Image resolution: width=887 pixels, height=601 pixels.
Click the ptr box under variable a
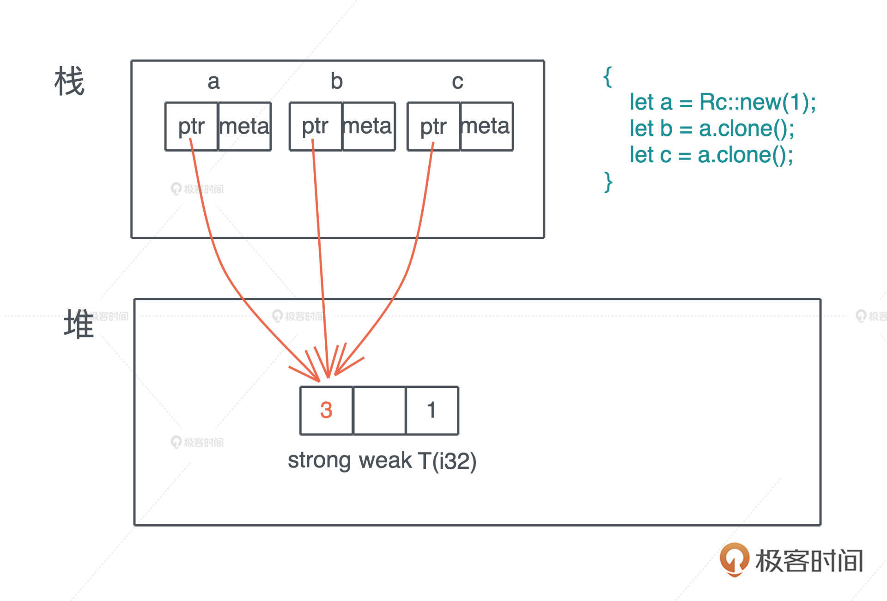[191, 126]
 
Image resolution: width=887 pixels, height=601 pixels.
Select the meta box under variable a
[244, 126]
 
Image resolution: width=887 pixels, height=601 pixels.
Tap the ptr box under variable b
[316, 126]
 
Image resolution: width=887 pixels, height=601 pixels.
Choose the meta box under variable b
[368, 126]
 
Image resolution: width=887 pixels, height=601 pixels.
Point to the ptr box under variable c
[433, 126]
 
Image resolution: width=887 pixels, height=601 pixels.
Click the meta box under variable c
[486, 126]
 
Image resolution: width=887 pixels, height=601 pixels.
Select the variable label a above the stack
[213, 82]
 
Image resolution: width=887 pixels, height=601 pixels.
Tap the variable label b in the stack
[337, 82]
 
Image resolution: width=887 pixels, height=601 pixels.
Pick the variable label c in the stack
[457, 82]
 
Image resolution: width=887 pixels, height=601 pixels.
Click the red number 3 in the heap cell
[326, 410]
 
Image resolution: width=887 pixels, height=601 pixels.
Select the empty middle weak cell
[379, 410]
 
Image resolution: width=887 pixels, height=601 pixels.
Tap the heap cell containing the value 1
[432, 410]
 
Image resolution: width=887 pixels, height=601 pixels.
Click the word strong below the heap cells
[319, 460]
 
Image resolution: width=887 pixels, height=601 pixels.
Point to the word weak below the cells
[385, 460]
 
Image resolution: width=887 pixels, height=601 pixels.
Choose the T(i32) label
[447, 461]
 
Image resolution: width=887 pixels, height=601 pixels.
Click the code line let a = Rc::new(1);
[723, 102]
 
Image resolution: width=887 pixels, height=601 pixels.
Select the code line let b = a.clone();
[712, 129]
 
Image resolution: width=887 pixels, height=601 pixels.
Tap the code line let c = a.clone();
[711, 155]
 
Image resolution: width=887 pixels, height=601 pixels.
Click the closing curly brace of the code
[608, 182]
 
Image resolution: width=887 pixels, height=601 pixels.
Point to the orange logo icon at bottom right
[734, 558]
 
